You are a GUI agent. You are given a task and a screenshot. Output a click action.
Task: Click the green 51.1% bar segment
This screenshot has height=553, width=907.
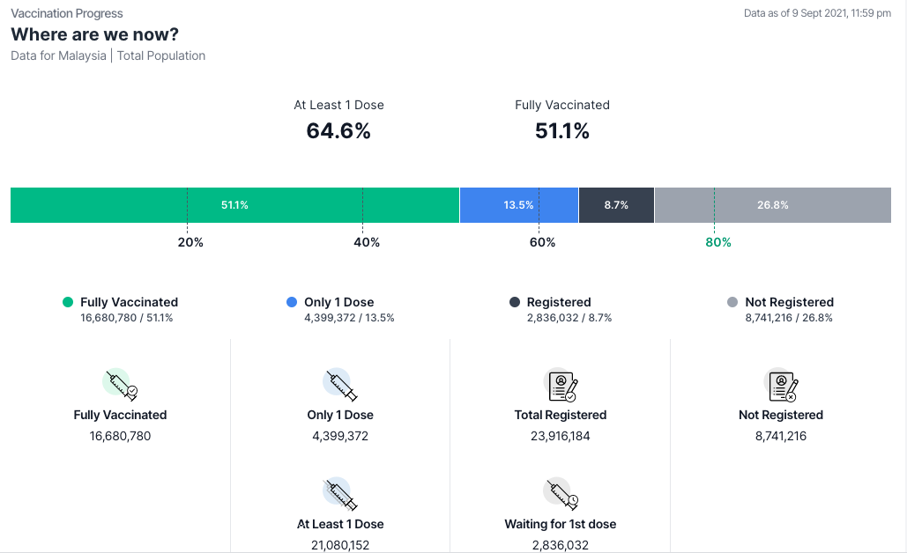[234, 205]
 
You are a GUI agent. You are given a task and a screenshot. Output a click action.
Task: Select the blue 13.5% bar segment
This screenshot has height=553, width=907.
[518, 205]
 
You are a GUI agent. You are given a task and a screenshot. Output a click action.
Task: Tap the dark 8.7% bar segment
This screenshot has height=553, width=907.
[616, 205]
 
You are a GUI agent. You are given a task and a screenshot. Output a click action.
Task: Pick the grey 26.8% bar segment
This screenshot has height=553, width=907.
[772, 205]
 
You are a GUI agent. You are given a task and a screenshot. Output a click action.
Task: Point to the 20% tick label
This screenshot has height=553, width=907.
[190, 242]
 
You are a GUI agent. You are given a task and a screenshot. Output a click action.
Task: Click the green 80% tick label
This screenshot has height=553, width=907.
[718, 242]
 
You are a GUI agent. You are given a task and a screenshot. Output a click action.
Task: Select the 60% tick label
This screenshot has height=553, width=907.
[542, 242]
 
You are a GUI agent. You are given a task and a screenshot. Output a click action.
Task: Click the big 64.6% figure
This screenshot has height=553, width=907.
[338, 131]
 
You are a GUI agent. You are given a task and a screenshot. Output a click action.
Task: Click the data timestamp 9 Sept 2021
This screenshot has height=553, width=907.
[817, 13]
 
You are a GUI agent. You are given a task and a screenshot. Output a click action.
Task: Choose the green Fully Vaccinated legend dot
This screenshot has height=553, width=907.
[68, 302]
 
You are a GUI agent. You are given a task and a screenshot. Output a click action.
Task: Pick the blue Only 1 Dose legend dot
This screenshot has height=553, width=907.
[292, 302]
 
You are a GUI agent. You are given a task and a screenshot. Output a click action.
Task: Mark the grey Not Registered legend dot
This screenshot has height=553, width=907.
[732, 302]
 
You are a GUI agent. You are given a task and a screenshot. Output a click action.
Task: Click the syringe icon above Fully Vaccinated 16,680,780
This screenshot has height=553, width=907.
[120, 385]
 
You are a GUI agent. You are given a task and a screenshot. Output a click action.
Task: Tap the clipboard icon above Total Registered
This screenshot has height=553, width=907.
[561, 385]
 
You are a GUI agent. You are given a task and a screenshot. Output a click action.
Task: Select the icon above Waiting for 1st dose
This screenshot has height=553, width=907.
[561, 494]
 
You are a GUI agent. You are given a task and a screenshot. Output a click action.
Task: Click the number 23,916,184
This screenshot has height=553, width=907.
[561, 436]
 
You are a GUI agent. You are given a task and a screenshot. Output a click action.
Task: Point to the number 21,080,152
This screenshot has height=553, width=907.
[340, 545]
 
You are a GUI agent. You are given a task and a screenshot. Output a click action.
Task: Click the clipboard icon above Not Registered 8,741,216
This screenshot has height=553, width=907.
[781, 385]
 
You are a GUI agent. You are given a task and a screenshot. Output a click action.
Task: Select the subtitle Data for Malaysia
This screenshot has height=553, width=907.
[59, 55]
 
